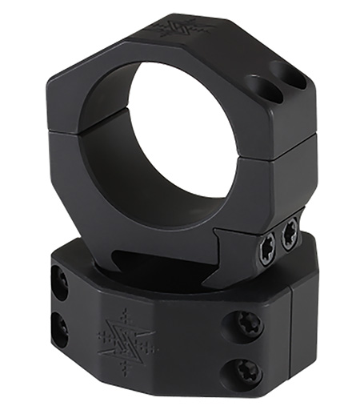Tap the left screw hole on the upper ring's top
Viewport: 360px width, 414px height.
point(258,88)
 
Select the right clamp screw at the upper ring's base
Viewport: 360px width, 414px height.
point(290,233)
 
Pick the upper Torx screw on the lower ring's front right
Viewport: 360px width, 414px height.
point(247,325)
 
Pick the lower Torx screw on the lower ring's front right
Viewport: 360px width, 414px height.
point(248,369)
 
